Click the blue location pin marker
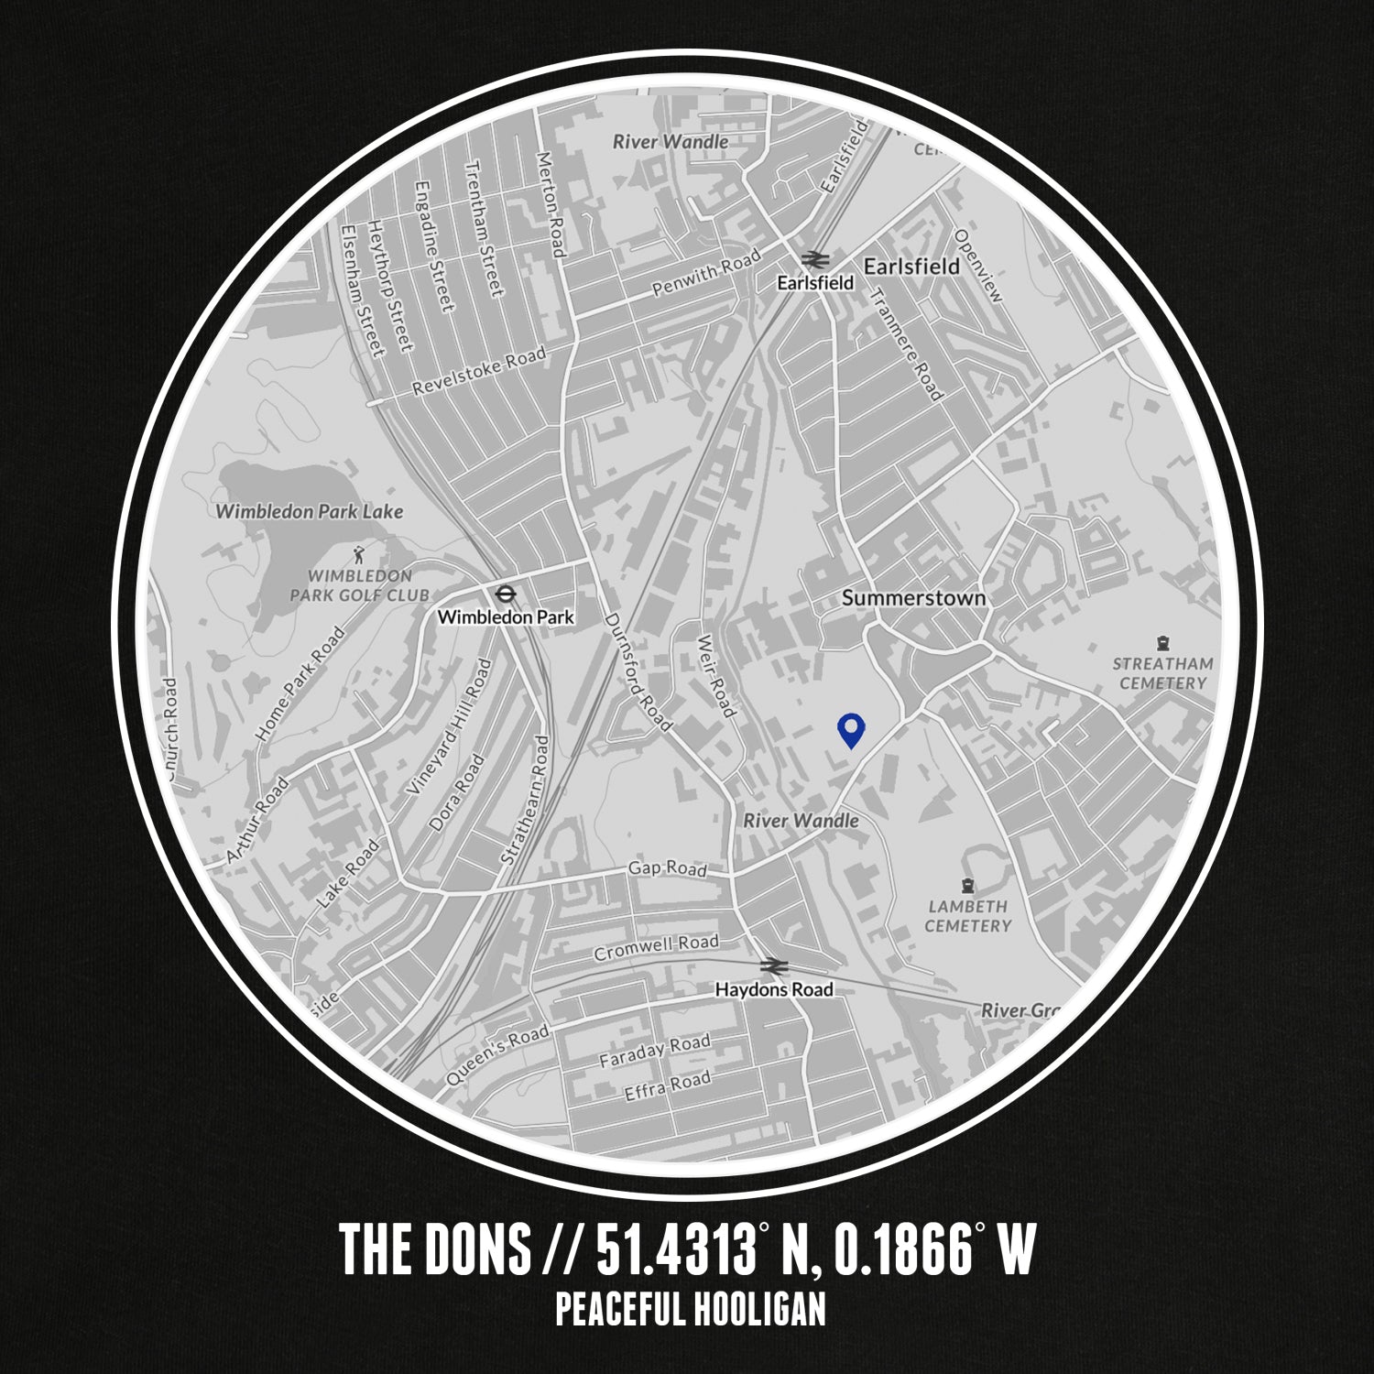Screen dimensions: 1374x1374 851,730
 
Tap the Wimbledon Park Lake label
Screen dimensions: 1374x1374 309,511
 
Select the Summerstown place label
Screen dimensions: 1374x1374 913,598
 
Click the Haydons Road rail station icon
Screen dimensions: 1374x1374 774,965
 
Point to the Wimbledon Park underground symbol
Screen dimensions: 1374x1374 504,594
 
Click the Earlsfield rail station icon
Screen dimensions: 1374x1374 812,259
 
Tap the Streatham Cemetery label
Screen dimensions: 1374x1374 1162,673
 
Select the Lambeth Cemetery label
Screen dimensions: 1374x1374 967,915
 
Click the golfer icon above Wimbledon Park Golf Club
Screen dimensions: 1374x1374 359,553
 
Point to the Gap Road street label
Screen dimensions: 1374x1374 667,867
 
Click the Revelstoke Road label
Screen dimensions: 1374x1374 478,370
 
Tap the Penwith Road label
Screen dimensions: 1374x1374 705,272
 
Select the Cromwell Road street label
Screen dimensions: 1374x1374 656,946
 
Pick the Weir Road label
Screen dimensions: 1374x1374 715,675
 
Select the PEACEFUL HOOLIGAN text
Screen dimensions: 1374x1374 690,1309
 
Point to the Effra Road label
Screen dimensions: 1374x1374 667,1086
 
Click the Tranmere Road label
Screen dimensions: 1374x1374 905,343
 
